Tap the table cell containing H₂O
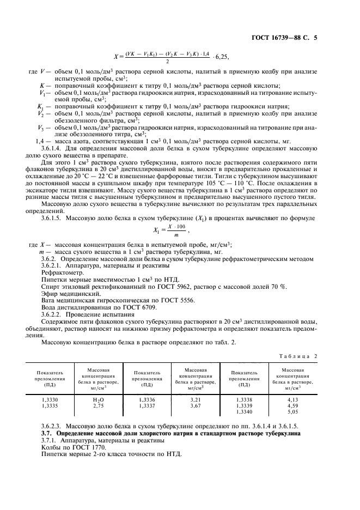(x=98, y=400)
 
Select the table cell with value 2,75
(x=98, y=406)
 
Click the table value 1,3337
(x=147, y=406)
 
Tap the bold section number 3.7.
(x=47, y=433)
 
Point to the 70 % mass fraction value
(x=280, y=286)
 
